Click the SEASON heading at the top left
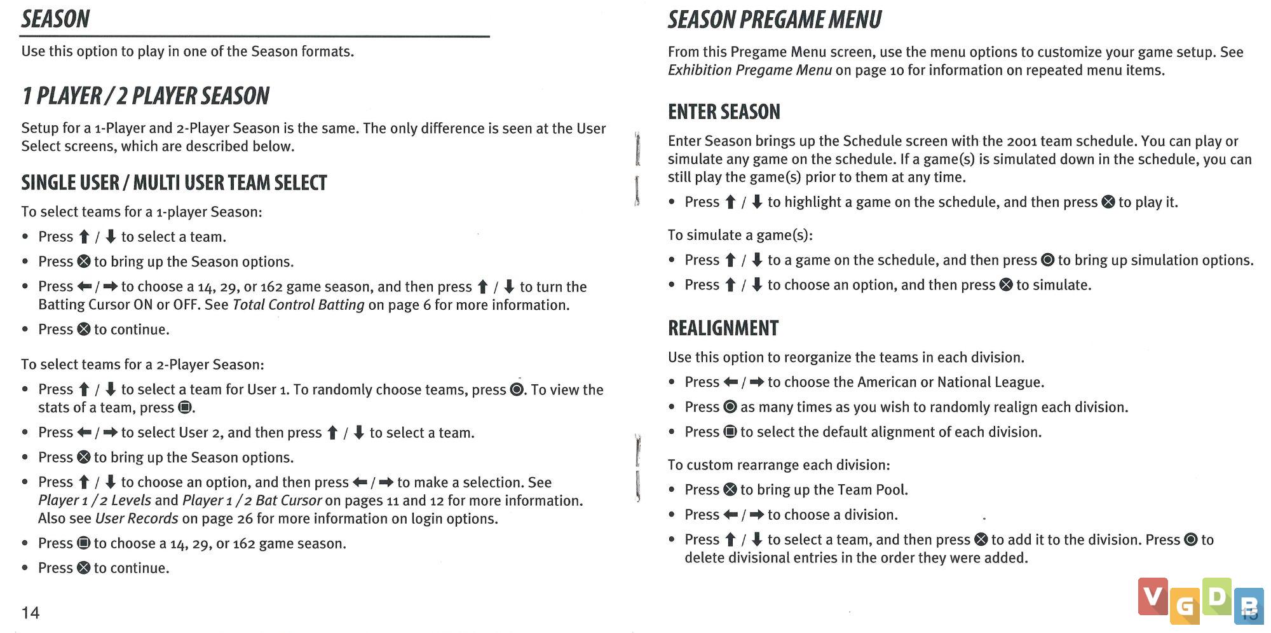(x=55, y=19)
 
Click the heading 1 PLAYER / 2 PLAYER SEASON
(x=146, y=96)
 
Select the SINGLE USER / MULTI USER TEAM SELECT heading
(x=173, y=183)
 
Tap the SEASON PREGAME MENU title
(x=774, y=20)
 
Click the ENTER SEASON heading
(x=723, y=112)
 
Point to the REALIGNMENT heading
(x=723, y=328)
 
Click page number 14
(x=31, y=613)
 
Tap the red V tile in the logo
(x=1152, y=596)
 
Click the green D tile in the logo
(x=1216, y=596)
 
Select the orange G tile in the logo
(x=1185, y=606)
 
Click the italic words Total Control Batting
(x=298, y=305)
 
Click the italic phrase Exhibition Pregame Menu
(x=749, y=70)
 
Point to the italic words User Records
(x=137, y=518)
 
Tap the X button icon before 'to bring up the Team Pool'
(x=730, y=489)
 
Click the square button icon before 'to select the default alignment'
(x=730, y=432)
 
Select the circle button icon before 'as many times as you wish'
(x=730, y=407)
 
